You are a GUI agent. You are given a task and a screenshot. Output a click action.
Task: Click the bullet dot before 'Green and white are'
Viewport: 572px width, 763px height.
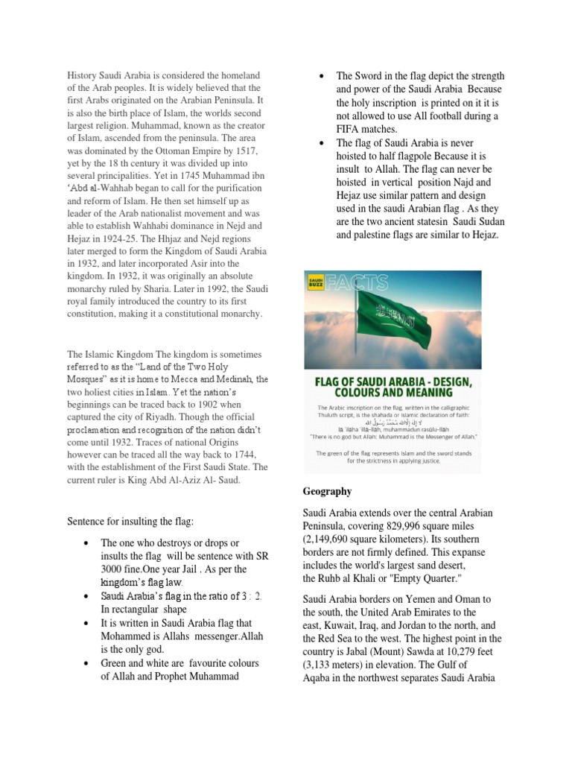(x=87, y=662)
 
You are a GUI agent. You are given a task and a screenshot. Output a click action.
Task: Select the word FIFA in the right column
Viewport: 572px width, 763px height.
(x=350, y=130)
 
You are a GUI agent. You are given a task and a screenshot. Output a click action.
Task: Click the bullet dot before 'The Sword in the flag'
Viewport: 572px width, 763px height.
(x=320, y=76)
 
